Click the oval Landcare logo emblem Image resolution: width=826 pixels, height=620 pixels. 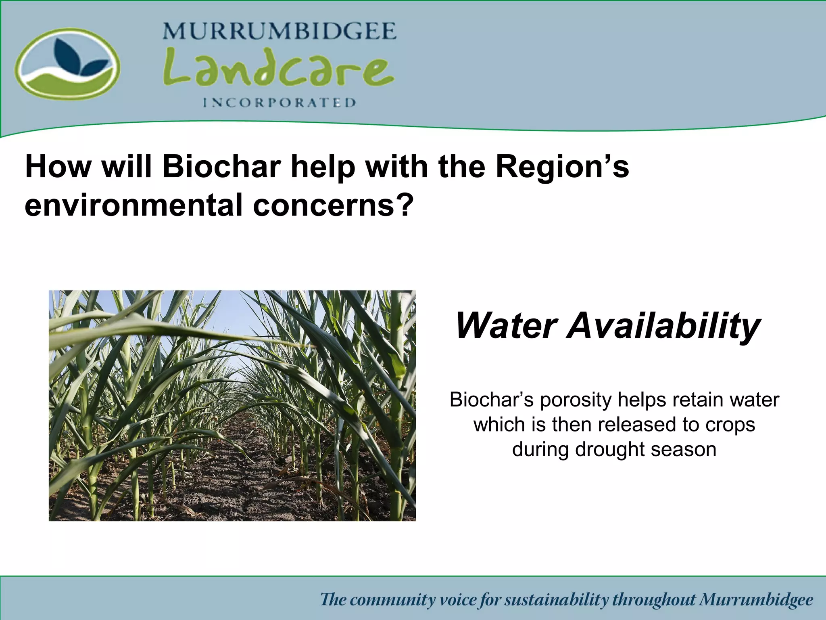(x=67, y=64)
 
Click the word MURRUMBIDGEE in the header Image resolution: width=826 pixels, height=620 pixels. (x=279, y=31)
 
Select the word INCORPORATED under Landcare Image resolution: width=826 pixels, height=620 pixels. (x=279, y=103)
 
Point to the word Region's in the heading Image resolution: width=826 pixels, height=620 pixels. (x=562, y=167)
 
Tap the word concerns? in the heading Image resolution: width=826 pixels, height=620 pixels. (x=334, y=205)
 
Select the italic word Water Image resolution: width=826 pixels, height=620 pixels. (x=506, y=326)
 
